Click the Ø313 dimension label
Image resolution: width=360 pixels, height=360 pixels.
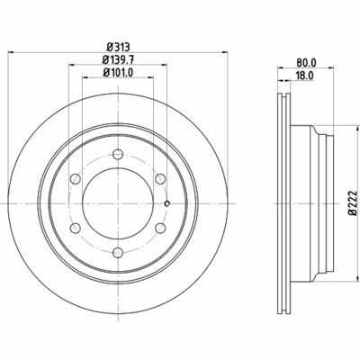pos(118,47)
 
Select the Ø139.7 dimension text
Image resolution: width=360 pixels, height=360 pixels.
pos(118,59)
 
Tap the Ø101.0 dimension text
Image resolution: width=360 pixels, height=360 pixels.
pos(118,72)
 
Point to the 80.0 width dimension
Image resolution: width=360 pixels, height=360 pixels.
pos(306,62)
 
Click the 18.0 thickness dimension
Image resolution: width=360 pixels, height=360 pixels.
pos(305,76)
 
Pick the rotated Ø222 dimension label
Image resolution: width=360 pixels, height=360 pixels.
pos(353,202)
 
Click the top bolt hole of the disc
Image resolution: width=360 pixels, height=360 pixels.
pos(118,155)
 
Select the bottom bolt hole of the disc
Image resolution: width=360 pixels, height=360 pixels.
pos(118,253)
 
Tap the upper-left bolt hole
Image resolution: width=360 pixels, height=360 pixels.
pos(76,179)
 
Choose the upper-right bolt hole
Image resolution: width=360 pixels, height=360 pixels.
pos(160,179)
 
